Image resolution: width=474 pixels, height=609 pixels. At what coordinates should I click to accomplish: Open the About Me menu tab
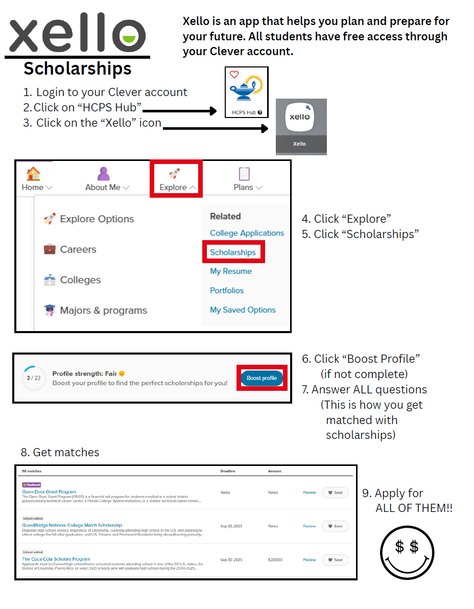pyautogui.click(x=107, y=179)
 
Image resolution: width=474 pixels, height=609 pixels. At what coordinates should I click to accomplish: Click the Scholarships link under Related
pyautogui.click(x=232, y=252)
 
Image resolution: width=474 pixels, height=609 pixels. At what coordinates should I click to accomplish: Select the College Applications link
pyautogui.click(x=247, y=233)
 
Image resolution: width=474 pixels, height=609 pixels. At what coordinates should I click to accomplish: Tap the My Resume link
pyautogui.click(x=230, y=271)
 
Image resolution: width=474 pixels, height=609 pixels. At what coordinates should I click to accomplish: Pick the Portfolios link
pyautogui.click(x=227, y=290)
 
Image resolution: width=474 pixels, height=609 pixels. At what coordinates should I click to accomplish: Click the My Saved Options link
pyautogui.click(x=243, y=310)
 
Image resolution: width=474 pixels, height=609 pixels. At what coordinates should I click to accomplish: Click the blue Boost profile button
pyautogui.click(x=262, y=378)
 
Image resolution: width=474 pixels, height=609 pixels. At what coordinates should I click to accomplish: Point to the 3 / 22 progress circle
pyautogui.click(x=33, y=378)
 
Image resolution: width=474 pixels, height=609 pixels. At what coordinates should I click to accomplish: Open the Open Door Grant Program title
pyautogui.click(x=49, y=491)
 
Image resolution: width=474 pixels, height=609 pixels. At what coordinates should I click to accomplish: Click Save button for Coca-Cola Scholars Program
pyautogui.click(x=335, y=560)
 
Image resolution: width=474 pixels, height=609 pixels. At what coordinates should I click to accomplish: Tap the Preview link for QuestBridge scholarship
pyautogui.click(x=309, y=526)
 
